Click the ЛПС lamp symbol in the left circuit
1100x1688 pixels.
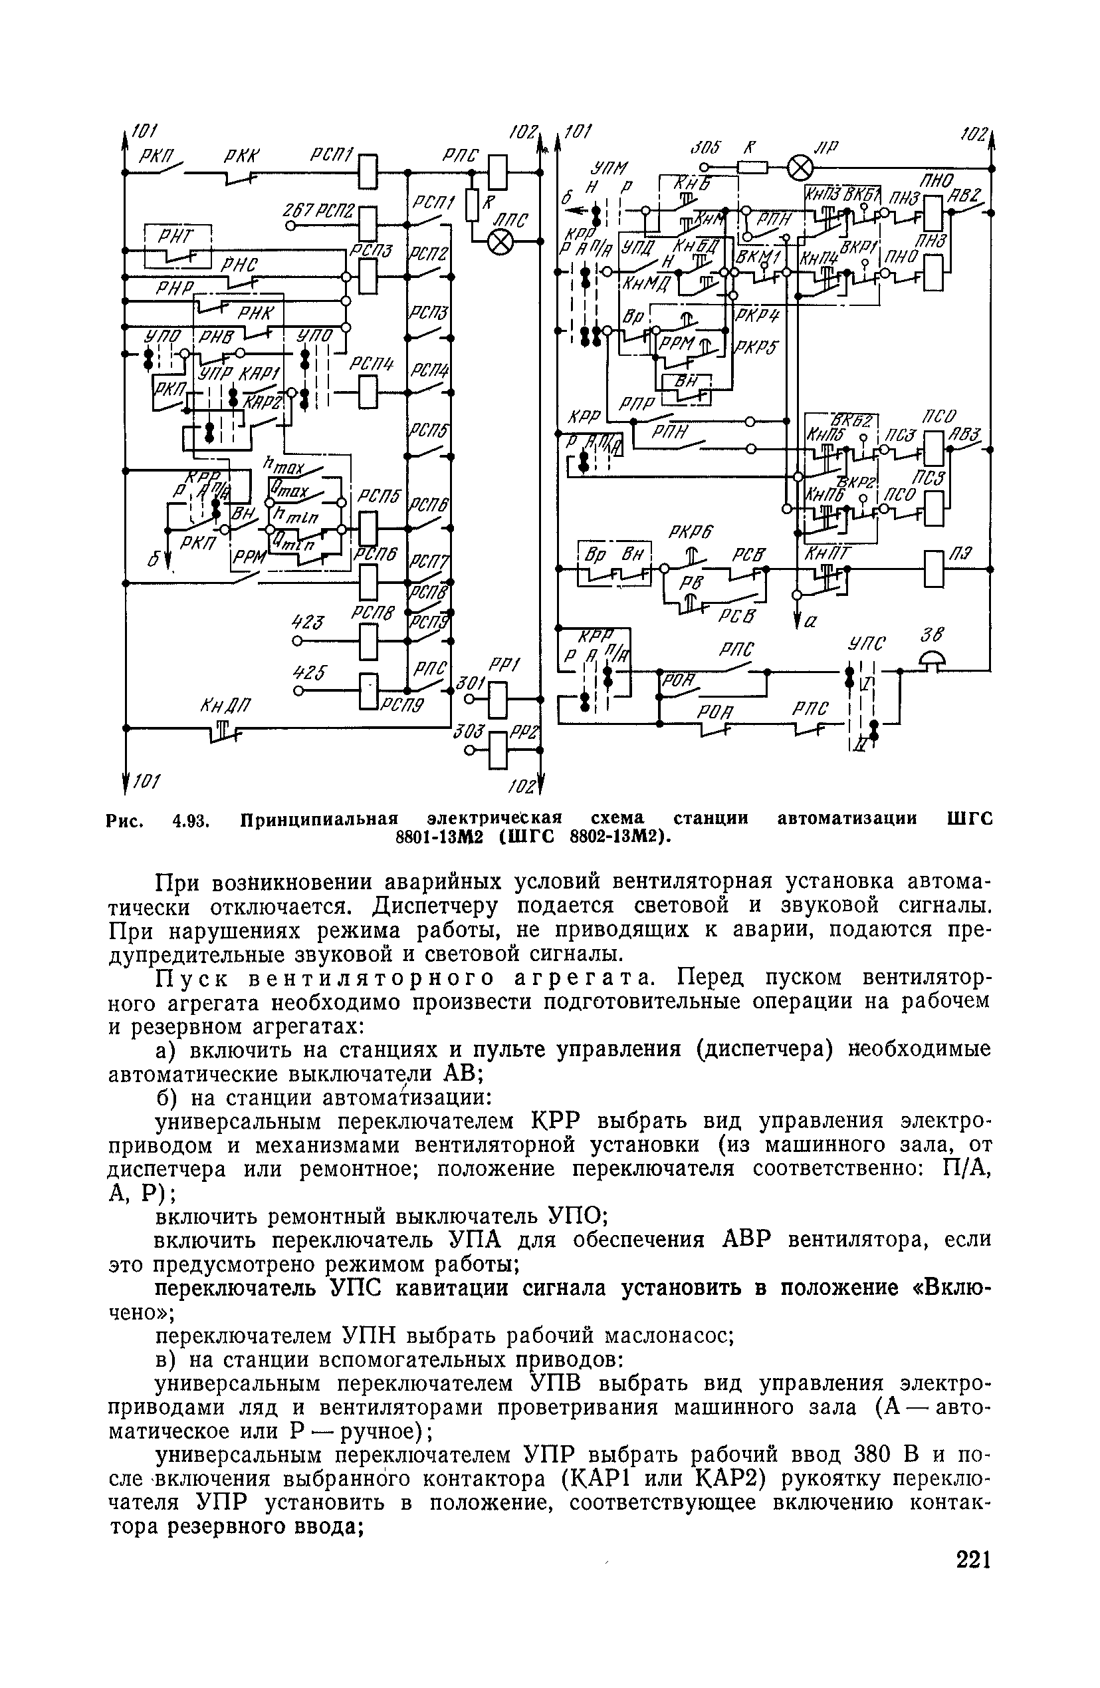(501, 243)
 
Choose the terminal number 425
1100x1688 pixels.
(308, 672)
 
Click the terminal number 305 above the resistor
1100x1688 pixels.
(705, 148)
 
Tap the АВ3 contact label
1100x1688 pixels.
(964, 434)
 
